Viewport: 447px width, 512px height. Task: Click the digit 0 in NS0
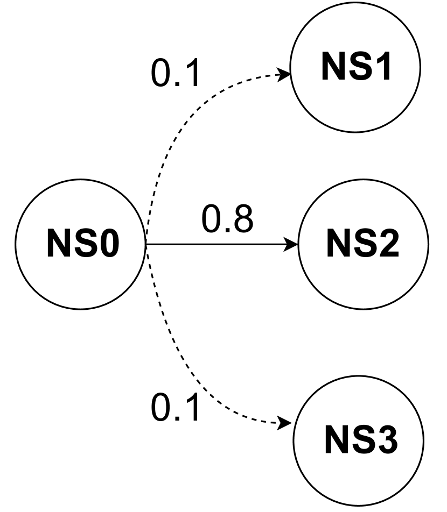[x=107, y=244]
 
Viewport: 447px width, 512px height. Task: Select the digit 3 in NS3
[x=386, y=440]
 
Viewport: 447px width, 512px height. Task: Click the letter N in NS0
[x=58, y=244]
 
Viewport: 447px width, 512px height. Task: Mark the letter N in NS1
[x=333, y=67]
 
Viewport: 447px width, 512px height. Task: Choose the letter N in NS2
[x=338, y=244]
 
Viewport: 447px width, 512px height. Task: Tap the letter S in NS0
[x=83, y=244]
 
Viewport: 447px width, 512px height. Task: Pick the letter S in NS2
[x=364, y=244]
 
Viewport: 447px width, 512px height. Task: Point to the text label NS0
[x=82, y=244]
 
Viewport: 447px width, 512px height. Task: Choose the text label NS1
[x=355, y=67]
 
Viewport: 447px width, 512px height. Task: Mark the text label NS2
[x=362, y=244]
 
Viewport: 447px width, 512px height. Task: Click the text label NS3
[x=360, y=440]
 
